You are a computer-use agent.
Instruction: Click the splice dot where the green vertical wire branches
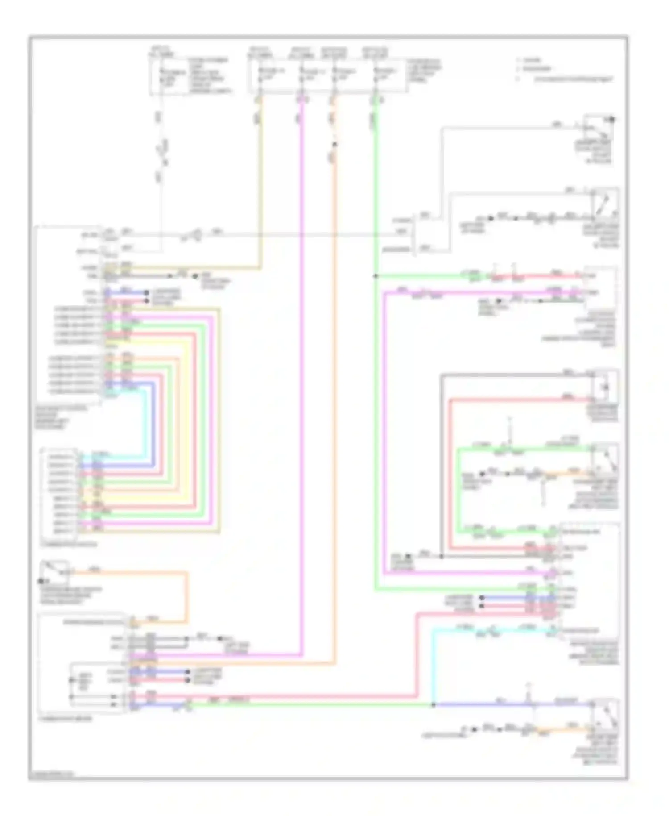pyautogui.click(x=376, y=276)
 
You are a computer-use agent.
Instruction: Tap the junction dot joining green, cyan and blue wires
pyautogui.click(x=433, y=705)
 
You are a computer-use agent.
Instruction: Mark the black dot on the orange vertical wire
pyautogui.click(x=334, y=144)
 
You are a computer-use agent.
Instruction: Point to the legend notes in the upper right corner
pyautogui.click(x=564, y=70)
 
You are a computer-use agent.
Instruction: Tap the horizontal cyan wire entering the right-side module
pyautogui.click(x=491, y=630)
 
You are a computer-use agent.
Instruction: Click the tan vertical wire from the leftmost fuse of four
pyautogui.click(x=260, y=179)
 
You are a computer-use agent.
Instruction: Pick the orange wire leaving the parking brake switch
pyautogui.click(x=134, y=572)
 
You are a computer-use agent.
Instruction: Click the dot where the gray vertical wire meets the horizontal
pyautogui.click(x=441, y=556)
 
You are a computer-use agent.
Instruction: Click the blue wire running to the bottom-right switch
pyautogui.click(x=513, y=705)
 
